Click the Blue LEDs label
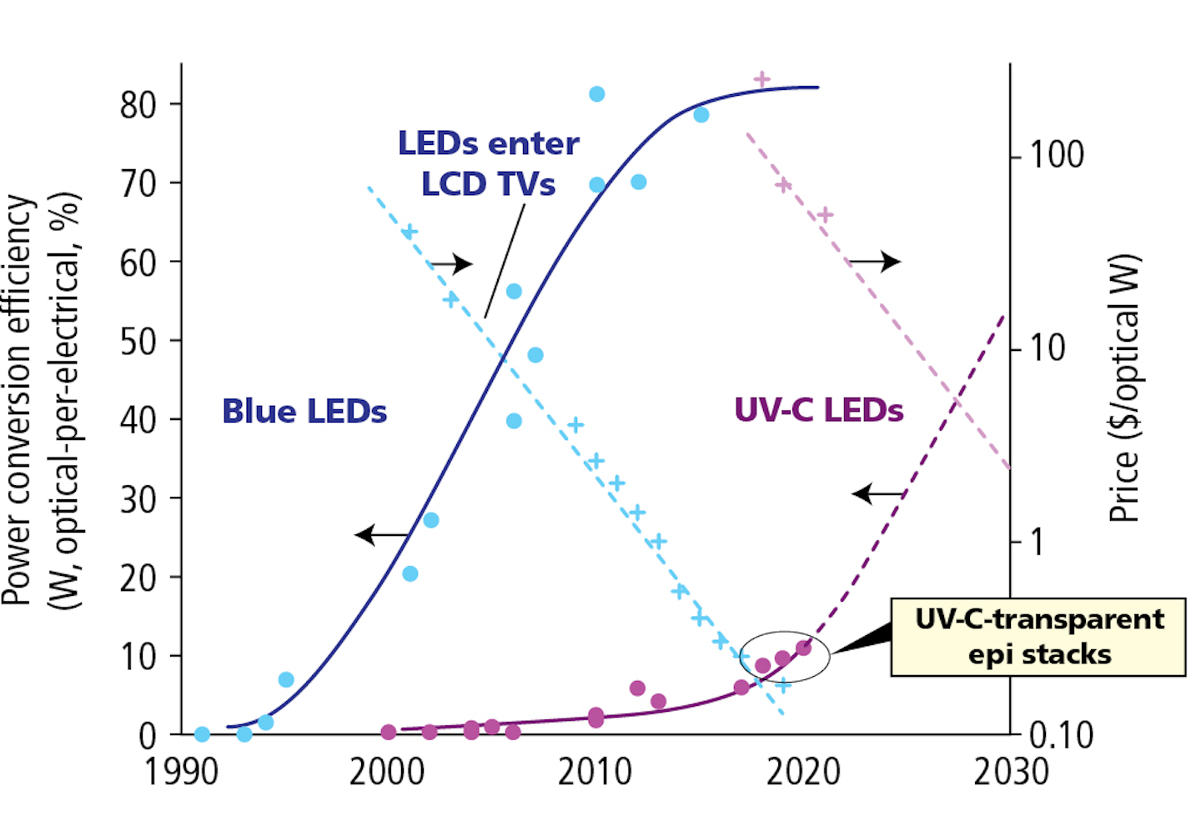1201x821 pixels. pos(304,412)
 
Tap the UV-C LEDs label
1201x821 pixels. pos(818,410)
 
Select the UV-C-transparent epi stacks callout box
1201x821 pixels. pos(1038,637)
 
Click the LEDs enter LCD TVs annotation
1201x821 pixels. pos(488,163)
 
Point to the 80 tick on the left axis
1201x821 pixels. pos(138,105)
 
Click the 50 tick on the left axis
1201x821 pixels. pos(138,341)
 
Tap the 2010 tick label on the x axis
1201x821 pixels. pos(595,773)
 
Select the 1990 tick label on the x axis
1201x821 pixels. pos(182,773)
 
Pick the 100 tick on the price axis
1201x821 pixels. pos(1056,156)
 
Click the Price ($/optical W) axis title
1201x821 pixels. pos(1123,388)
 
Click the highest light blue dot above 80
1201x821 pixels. pos(596,94)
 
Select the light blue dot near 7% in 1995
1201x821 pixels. pos(286,679)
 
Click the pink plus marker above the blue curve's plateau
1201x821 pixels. pos(761,80)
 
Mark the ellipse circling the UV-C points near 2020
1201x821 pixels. pos(785,657)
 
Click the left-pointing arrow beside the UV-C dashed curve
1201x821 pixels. pos(877,494)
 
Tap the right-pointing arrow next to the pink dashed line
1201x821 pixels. pos(875,262)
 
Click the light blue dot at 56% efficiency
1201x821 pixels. pos(514,291)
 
